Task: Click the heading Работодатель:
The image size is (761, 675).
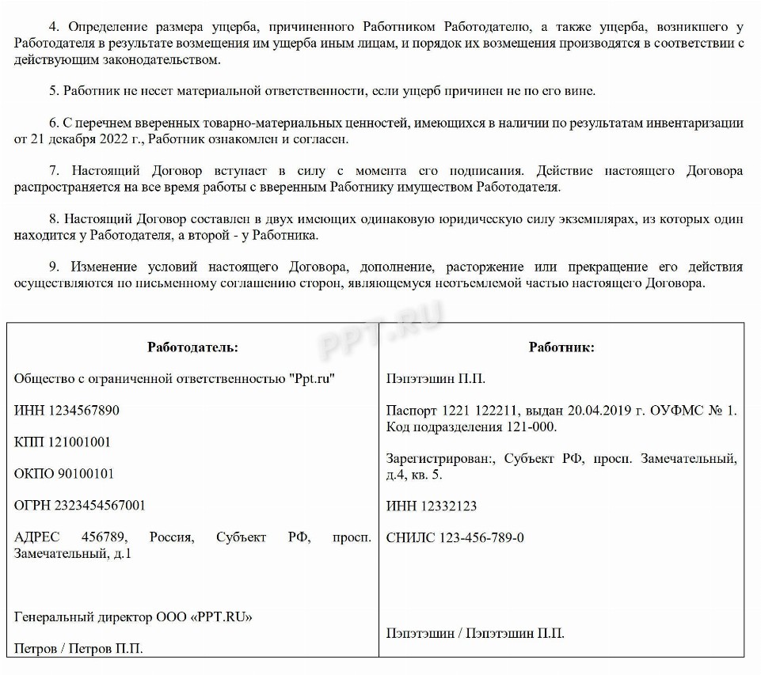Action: [x=192, y=347]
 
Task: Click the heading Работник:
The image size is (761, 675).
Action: [x=561, y=347]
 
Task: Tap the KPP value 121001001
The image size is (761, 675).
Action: [x=78, y=442]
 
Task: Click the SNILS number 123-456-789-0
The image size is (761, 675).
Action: [x=484, y=538]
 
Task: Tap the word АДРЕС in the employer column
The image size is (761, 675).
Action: [x=36, y=537]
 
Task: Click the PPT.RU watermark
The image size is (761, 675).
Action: [x=381, y=332]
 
